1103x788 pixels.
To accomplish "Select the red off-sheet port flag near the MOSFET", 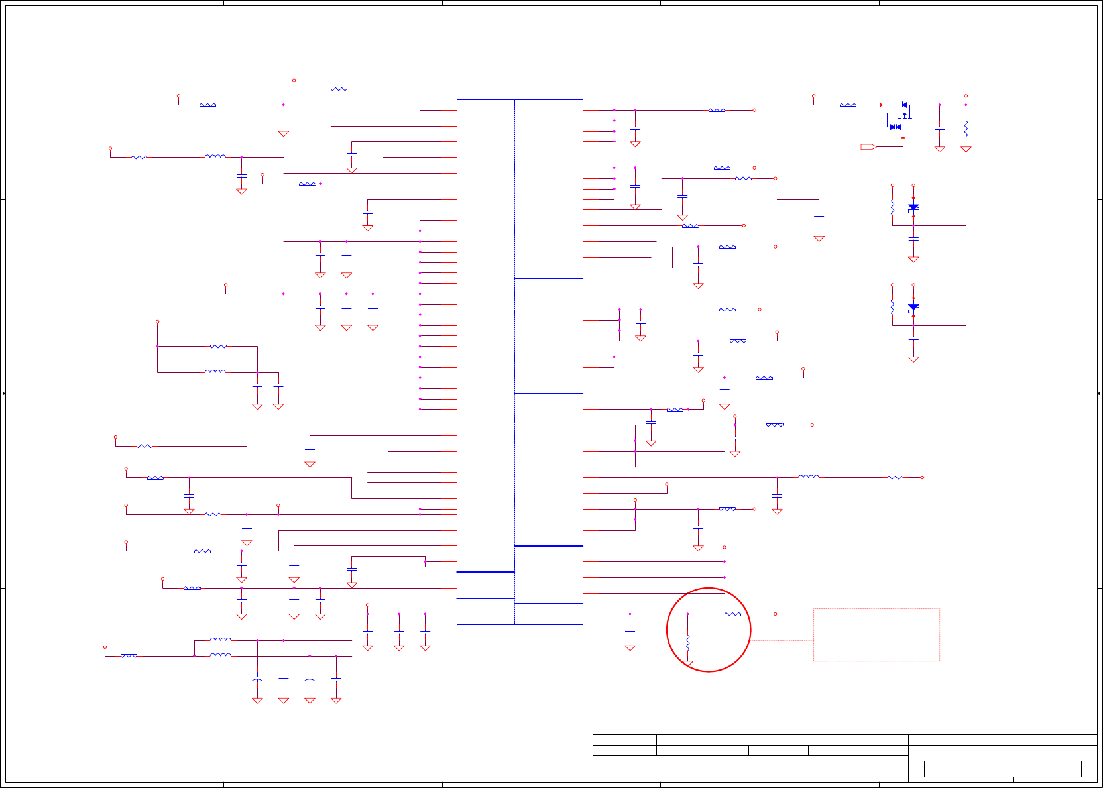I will click(x=868, y=146).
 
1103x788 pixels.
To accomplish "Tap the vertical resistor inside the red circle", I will click(x=688, y=642).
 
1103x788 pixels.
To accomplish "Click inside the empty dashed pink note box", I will click(x=876, y=634).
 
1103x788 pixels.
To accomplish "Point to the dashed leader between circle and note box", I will click(x=782, y=640).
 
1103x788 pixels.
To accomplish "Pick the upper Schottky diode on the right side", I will click(x=913, y=208).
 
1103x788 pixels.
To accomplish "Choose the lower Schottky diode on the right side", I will click(x=913, y=308).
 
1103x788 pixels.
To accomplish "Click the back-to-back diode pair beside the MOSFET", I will click(x=895, y=127).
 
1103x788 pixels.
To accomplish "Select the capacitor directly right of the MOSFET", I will click(x=939, y=127).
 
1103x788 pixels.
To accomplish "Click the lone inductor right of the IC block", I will click(x=808, y=477).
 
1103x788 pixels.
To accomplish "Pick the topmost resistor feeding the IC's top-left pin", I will click(x=338, y=89).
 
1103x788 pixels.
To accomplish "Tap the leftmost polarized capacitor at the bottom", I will click(x=257, y=679).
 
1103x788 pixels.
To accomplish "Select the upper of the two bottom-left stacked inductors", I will click(x=220, y=640).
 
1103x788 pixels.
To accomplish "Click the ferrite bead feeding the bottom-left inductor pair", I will click(x=129, y=655).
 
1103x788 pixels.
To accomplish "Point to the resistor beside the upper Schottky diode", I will click(x=892, y=207).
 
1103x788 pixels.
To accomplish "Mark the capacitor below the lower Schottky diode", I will click(x=913, y=338).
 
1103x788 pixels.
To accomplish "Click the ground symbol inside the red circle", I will click(x=688, y=663).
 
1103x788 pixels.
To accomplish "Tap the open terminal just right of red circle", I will click(x=775, y=614).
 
